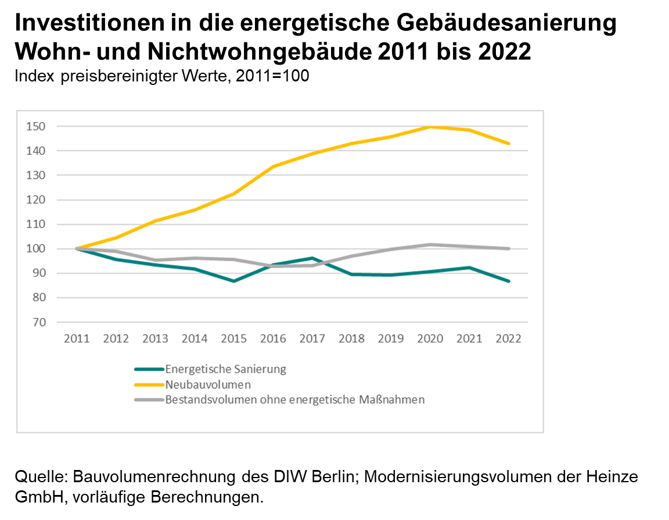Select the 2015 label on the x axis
(234, 339)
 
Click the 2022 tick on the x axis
(509, 339)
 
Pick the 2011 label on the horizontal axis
(77, 339)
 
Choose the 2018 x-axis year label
(352, 339)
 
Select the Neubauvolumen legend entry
(208, 384)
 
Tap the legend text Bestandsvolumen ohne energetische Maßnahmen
(294, 400)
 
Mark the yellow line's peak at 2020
(430, 126)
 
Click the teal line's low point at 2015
(234, 281)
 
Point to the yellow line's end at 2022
(509, 143)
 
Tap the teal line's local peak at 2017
(312, 258)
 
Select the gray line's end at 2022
(509, 248)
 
